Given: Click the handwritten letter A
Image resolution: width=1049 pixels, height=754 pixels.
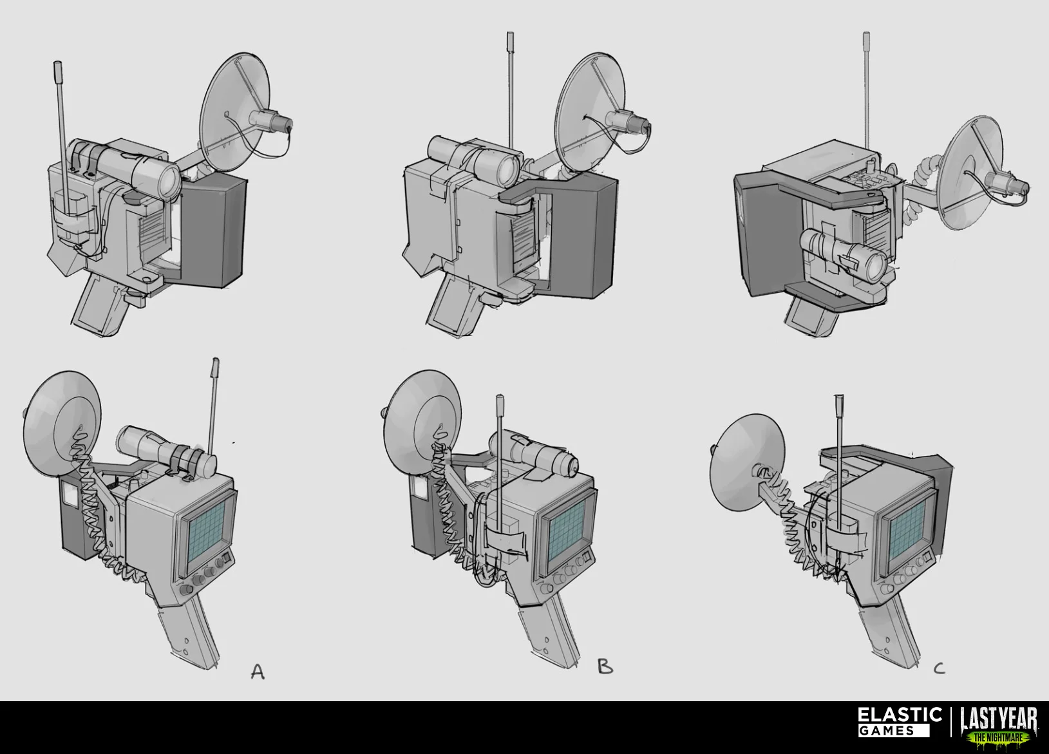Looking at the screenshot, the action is point(258,672).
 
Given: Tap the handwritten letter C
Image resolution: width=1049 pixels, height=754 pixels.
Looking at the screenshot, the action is point(938,668).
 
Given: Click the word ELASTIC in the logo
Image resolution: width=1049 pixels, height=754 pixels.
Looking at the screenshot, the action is point(900,715).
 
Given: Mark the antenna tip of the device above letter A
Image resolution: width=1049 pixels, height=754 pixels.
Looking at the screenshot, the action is point(216,363).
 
